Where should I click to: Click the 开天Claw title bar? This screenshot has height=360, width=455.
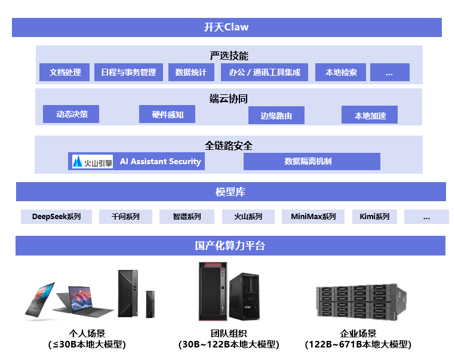[x=226, y=27]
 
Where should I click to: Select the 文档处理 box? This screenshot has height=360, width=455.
[x=64, y=72]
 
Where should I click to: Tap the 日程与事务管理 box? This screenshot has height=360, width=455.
[x=128, y=72]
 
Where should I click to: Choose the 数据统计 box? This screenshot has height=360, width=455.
[x=190, y=72]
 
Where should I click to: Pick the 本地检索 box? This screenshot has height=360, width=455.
[x=341, y=72]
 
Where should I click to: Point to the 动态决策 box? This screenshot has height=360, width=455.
[x=71, y=114]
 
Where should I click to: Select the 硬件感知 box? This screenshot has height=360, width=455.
[x=167, y=115]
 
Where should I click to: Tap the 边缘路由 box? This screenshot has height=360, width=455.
[x=276, y=116]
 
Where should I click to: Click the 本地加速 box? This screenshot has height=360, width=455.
[x=370, y=115]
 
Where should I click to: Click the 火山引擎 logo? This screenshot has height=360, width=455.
[x=92, y=161]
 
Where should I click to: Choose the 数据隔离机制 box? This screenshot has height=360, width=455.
[x=312, y=161]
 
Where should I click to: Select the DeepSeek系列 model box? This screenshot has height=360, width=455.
[x=56, y=217]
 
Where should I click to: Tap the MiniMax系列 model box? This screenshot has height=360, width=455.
[x=313, y=217]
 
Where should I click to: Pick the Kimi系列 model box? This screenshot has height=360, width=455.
[x=374, y=217]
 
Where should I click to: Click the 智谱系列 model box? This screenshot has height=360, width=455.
[x=186, y=217]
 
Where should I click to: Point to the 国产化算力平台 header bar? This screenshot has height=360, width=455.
[x=230, y=245]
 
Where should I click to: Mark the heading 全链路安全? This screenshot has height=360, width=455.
[x=229, y=145]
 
